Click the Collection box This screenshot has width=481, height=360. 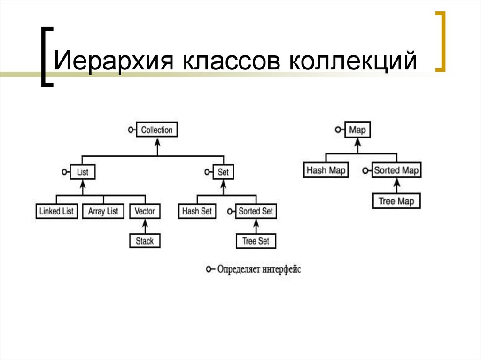[x=157, y=130]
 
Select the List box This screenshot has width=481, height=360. [x=83, y=172]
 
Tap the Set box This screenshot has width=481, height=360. [x=223, y=172]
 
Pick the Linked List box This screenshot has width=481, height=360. [x=56, y=211]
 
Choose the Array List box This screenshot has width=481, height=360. [x=103, y=211]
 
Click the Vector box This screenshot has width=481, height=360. [x=145, y=211]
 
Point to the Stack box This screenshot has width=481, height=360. [x=145, y=241]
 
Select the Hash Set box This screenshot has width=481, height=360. [x=197, y=211]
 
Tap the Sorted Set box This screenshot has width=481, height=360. [x=256, y=211]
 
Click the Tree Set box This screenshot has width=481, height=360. [x=256, y=241]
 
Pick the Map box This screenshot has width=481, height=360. [x=357, y=130]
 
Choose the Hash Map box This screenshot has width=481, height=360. [x=326, y=170]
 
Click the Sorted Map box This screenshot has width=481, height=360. [x=396, y=170]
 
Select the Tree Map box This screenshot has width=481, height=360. [x=396, y=201]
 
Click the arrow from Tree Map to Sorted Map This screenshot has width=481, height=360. [x=396, y=185]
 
